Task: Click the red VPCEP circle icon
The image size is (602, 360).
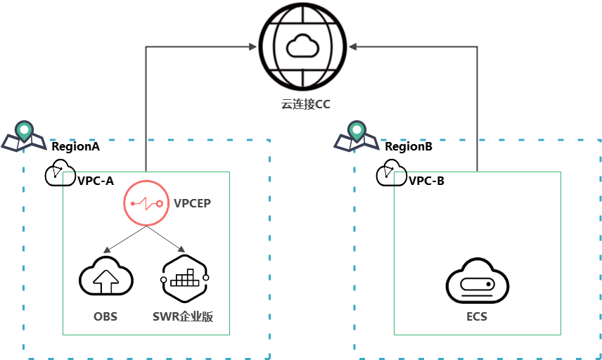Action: pyautogui.click(x=146, y=203)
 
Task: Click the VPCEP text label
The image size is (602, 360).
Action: pyautogui.click(x=192, y=203)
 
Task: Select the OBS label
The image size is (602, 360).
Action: pyautogui.click(x=105, y=316)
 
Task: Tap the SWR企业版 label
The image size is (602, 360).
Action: pyautogui.click(x=182, y=316)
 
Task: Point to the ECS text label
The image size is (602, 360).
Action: pyautogui.click(x=478, y=316)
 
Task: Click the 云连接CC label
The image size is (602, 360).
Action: pyautogui.click(x=305, y=104)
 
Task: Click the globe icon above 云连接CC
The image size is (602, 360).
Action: pyautogui.click(x=302, y=46)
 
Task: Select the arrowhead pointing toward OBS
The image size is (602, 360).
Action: pyautogui.click(x=106, y=250)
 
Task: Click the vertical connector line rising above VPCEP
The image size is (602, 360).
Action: pyautogui.click(x=146, y=105)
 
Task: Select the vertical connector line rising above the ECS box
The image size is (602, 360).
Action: pyautogui.click(x=478, y=105)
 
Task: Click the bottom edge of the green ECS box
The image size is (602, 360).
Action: pyautogui.click(x=478, y=335)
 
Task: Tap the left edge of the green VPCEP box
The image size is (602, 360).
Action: pyautogui.click(x=63, y=253)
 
